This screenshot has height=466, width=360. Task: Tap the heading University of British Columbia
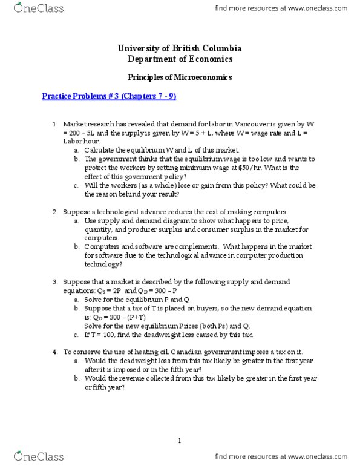click(x=180, y=48)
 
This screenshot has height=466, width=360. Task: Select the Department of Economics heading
click(x=180, y=59)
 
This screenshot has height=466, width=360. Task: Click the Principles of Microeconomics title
click(x=180, y=78)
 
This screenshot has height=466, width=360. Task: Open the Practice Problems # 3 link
click(x=109, y=96)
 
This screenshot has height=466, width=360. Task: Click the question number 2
click(x=54, y=212)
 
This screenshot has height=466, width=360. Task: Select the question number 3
click(x=54, y=282)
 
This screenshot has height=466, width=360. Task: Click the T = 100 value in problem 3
click(x=103, y=335)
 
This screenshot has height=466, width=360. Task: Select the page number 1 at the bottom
click(x=180, y=441)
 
